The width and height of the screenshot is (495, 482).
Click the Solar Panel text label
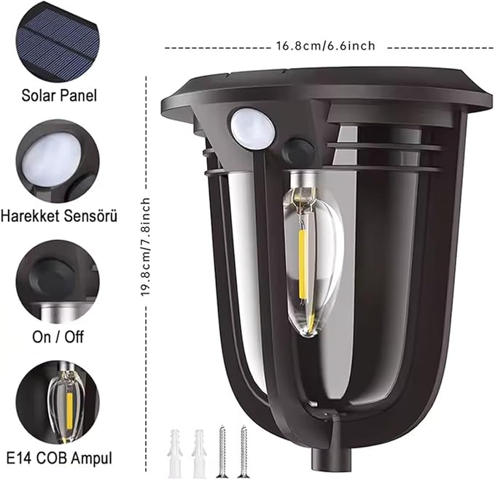tap(59, 96)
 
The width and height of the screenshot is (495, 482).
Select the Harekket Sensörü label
tap(59, 215)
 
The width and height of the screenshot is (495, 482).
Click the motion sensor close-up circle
tap(58, 161)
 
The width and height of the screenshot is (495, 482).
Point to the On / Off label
tap(58, 337)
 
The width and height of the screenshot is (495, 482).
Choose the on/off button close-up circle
tap(58, 282)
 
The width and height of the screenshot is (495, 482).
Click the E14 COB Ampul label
tap(59, 459)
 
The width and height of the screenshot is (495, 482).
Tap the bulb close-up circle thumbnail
tap(58, 402)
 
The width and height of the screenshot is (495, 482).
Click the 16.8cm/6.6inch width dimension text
tap(326, 46)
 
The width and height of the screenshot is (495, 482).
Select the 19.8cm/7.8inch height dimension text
tap(145, 247)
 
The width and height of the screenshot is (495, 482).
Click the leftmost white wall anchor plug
tap(175, 453)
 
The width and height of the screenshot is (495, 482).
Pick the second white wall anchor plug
tap(199, 453)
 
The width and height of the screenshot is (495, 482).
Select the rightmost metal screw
tap(243, 451)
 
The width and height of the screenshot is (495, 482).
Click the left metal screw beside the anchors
tap(222, 451)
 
